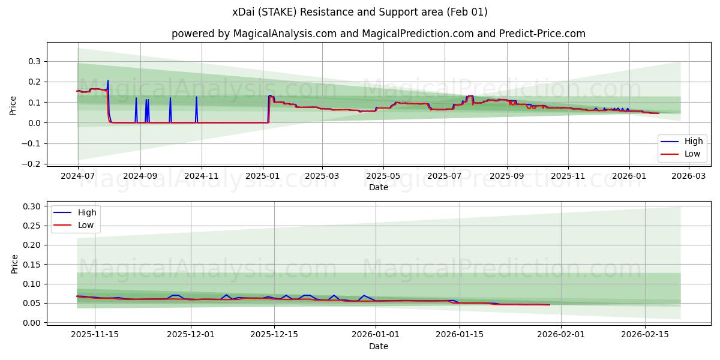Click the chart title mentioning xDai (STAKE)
360,12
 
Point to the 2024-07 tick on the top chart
78,176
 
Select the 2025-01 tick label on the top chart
263,176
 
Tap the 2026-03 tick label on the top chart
688,176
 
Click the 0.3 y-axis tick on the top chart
34,61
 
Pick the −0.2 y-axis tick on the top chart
31,164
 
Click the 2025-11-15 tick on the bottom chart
95,334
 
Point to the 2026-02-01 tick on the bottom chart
561,334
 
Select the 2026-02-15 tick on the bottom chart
645,334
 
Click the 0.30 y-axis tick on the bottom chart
31,206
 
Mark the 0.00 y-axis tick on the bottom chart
31,323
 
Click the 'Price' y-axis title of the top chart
13,106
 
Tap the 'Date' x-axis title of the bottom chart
378,346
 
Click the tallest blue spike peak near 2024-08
108,80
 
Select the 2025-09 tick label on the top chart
506,176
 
